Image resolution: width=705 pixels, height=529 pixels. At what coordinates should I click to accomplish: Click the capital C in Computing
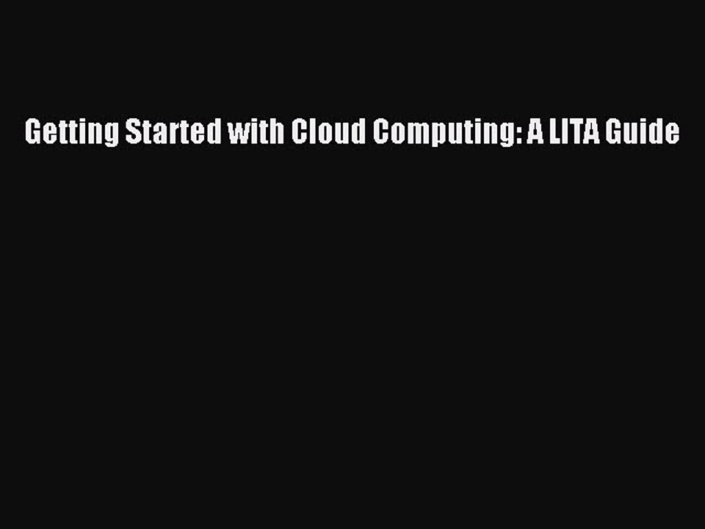[380, 132]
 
